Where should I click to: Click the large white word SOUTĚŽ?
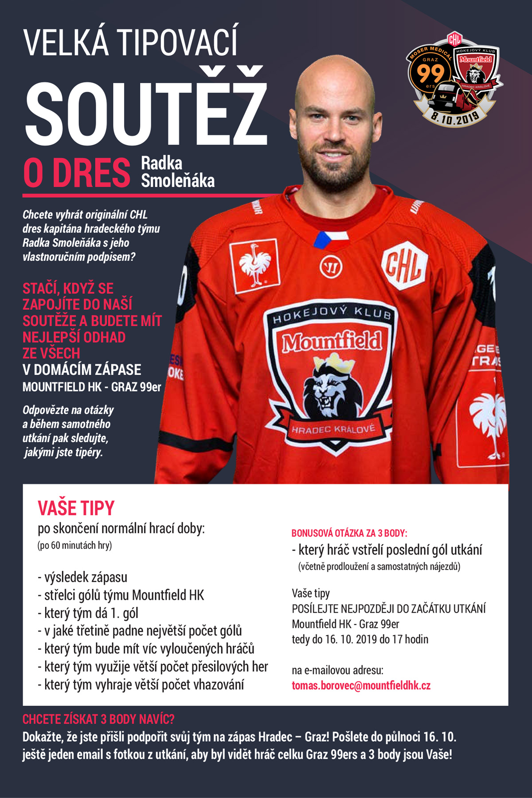146,109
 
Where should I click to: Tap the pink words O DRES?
76,172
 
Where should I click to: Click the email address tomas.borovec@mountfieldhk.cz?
361,685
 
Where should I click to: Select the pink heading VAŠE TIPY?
76,508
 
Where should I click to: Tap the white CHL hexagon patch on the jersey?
404,266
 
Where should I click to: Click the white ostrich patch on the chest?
254,266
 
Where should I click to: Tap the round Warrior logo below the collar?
331,267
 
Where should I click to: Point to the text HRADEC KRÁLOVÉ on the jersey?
333,430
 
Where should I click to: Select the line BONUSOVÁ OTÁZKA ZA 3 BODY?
349,533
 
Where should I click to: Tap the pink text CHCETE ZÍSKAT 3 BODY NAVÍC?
98,719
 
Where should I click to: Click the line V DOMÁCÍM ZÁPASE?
82,369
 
